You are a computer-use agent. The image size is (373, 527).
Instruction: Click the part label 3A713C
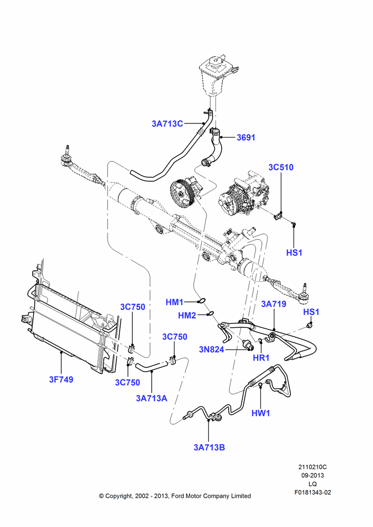(x=168, y=124)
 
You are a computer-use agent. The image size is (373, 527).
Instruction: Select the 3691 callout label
(x=246, y=138)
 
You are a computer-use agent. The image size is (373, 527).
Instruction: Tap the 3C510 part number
(x=281, y=168)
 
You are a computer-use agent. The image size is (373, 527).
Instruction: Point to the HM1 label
(x=174, y=302)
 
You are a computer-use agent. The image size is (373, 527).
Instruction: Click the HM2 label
(x=187, y=315)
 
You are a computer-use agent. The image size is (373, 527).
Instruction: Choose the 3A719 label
(x=274, y=304)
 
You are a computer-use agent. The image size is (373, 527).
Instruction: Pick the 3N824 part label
(x=211, y=349)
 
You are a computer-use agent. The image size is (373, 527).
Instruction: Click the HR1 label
(x=261, y=358)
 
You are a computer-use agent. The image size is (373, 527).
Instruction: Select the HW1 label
(x=261, y=413)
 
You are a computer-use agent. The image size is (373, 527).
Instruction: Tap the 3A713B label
(x=209, y=447)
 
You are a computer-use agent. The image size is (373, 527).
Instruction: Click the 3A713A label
(x=152, y=398)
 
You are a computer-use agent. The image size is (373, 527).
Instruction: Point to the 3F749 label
(x=61, y=379)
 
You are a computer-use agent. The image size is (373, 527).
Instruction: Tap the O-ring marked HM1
(x=202, y=300)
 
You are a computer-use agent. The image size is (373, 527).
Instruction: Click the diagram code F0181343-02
(x=313, y=492)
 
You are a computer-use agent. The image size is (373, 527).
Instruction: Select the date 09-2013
(x=312, y=475)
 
